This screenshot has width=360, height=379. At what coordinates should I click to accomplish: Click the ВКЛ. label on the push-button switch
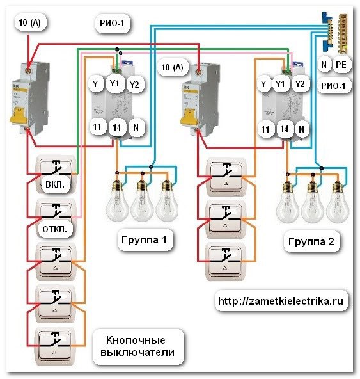[55, 184]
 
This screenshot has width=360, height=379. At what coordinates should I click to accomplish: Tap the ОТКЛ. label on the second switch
[54, 229]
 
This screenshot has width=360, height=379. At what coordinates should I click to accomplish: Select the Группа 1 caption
[144, 240]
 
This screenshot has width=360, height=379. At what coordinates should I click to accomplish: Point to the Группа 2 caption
[311, 241]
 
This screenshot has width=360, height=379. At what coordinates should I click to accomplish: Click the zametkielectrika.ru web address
[281, 301]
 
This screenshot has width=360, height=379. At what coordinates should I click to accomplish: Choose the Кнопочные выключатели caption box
[137, 346]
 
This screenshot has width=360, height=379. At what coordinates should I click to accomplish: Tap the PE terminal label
[341, 65]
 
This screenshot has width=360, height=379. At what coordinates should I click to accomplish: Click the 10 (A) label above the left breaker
[29, 22]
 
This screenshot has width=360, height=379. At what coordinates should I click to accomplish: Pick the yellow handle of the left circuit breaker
[18, 115]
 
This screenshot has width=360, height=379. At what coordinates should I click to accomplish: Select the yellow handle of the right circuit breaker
[189, 117]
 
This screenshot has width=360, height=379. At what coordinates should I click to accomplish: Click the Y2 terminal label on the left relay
[134, 85]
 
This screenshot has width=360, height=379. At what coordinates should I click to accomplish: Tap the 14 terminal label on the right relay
[285, 129]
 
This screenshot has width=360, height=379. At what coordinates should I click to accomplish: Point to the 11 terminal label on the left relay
[97, 127]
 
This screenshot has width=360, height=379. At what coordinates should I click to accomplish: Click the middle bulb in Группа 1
[143, 200]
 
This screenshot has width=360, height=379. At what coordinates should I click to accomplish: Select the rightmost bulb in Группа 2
[338, 202]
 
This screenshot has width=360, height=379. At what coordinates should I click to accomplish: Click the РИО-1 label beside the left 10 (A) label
[113, 23]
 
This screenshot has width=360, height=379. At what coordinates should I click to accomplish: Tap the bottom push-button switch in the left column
[55, 346]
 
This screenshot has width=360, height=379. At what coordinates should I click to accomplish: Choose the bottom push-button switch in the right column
[226, 262]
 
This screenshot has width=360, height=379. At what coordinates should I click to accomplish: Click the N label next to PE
[324, 65]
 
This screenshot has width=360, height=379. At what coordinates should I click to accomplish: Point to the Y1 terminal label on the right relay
[280, 84]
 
